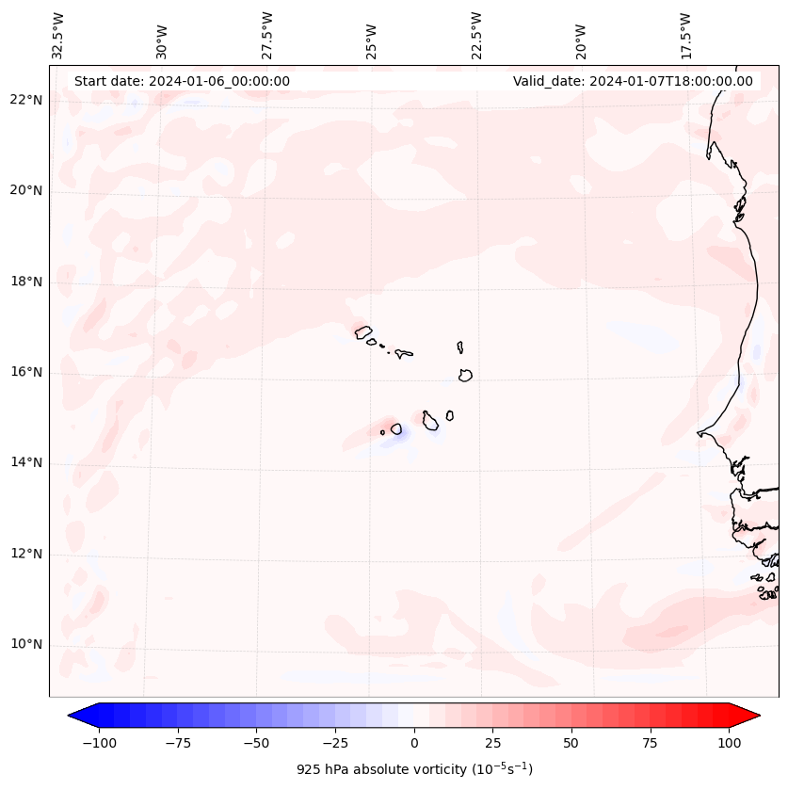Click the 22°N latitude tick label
[27, 101]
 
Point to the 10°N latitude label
[27, 644]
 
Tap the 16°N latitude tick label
[27, 372]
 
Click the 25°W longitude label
[372, 40]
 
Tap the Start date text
[182, 81]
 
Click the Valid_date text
[633, 81]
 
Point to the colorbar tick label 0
[414, 743]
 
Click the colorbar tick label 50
[571, 743]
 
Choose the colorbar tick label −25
[335, 743]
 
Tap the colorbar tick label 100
[730, 743]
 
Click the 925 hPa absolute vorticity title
[414, 769]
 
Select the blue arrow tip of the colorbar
[78, 717]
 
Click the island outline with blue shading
[396, 429]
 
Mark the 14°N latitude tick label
[27, 462]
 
